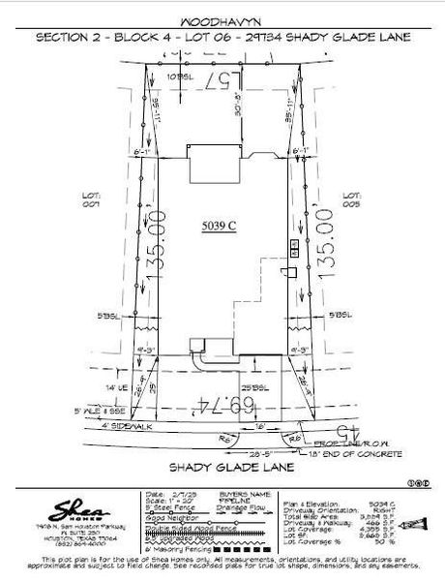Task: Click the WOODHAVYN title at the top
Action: (x=222, y=20)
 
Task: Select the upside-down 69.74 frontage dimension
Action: (x=227, y=401)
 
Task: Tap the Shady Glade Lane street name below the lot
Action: (x=222, y=467)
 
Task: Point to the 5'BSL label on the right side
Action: (x=340, y=316)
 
